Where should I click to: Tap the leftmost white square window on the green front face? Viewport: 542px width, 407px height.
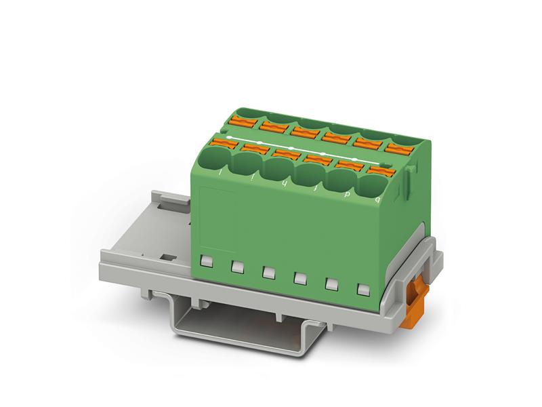[207, 260]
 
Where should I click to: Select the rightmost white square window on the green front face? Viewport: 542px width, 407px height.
[361, 292]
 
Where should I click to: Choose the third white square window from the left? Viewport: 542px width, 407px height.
[268, 272]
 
